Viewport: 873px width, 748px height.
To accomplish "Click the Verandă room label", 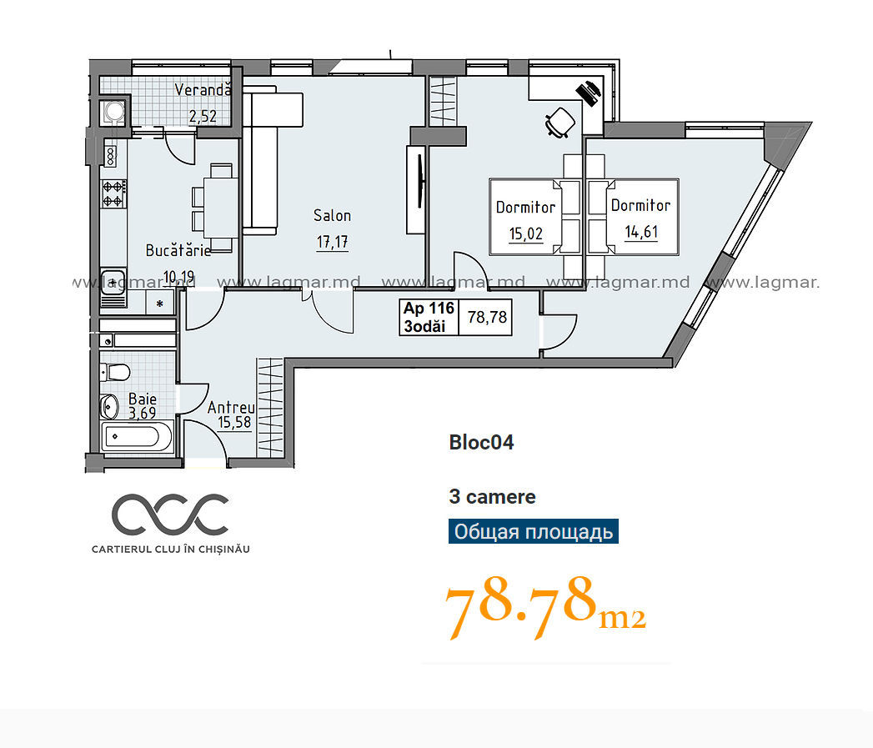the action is point(203,89).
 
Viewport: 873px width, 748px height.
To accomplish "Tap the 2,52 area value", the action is point(203,117).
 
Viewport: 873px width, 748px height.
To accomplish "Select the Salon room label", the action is point(333,215).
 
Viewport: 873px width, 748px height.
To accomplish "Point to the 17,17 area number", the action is point(333,242).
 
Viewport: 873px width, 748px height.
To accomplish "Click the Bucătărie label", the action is point(178,250).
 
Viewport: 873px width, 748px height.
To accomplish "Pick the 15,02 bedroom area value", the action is point(525,233).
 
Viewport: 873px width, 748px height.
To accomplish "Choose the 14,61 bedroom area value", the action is point(641,232).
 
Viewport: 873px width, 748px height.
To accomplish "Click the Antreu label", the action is point(231,408).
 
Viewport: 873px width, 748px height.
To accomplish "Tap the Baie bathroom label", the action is point(143,399).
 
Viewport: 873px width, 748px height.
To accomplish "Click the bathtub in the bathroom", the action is point(138,436).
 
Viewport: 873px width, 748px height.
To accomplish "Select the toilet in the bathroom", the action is point(115,371).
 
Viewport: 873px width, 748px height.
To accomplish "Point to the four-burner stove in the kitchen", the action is point(113,193).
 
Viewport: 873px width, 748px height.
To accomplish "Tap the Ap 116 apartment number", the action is point(429,308).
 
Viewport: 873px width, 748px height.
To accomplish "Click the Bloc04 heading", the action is point(482,443).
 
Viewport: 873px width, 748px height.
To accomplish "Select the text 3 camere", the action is point(492,497).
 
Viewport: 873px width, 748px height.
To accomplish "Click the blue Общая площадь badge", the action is point(534,531).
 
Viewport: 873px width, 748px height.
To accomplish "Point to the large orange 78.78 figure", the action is point(520,606).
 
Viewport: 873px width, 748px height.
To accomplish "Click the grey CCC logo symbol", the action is point(170,513).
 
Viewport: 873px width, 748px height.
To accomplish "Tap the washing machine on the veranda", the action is point(114,110).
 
